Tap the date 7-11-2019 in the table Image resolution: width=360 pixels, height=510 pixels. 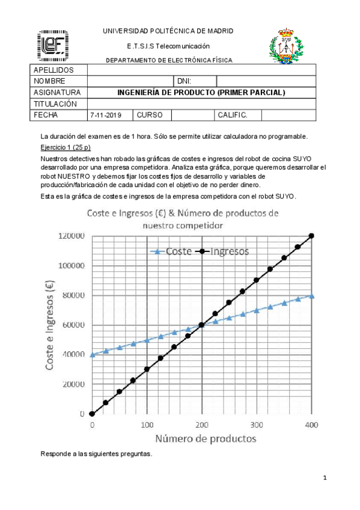pos(105,115)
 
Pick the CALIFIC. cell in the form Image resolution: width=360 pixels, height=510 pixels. pos(232,115)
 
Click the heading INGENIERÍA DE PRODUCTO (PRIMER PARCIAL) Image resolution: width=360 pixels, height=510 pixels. pos(201,93)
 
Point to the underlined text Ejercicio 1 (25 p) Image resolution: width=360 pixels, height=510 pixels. pos(65,147)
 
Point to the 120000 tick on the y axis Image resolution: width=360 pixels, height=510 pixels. pos(71,236)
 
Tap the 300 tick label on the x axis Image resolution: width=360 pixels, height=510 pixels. pos(257,425)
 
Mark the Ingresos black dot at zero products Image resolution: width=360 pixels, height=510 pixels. pos(92,414)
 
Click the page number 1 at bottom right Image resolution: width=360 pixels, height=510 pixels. pos(325,478)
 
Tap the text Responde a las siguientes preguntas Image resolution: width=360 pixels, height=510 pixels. pos(96,454)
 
